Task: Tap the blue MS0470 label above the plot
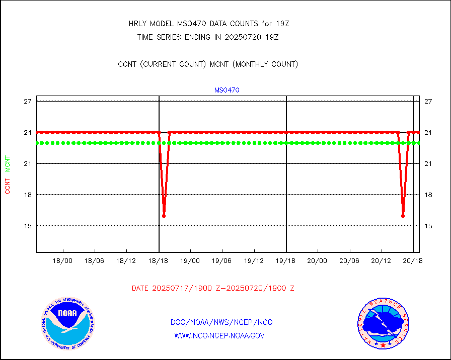click(227, 90)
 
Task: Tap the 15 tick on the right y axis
click(428, 226)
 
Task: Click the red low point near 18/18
click(164, 216)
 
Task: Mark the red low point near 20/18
click(403, 216)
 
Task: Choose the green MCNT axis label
click(8, 163)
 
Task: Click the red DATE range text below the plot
click(213, 288)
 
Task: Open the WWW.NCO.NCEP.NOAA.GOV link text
click(219, 335)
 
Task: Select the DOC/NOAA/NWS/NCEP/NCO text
click(221, 322)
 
